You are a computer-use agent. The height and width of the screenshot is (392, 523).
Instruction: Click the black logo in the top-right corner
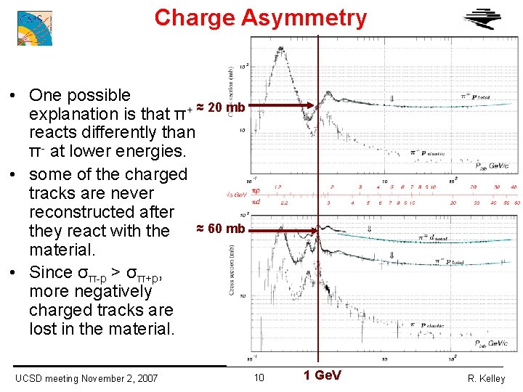482,21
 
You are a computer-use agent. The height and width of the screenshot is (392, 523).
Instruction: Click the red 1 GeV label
323,375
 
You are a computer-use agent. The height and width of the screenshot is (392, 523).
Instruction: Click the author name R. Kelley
486,378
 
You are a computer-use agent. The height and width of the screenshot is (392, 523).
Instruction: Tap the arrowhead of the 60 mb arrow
314,232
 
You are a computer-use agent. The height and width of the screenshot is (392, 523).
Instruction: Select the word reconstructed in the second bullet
102,212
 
